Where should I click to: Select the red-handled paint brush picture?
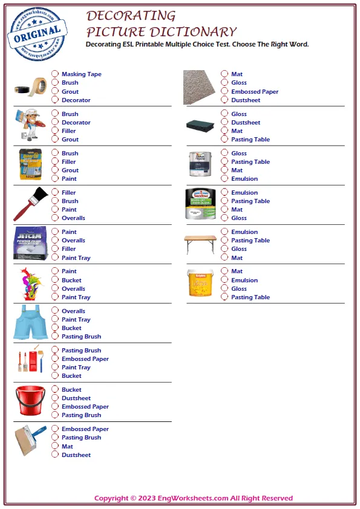pos(30,204)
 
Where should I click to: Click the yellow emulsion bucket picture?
pos(200,283)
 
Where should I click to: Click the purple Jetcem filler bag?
pos(31,243)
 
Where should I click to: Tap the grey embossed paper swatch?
pos(200,87)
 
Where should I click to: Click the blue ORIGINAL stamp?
pos(38,34)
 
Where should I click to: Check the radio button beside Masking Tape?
pos(55,74)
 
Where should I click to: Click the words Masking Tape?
pos(81,74)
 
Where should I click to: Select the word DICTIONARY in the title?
pos(187,32)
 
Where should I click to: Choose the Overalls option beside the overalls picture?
pos(73,311)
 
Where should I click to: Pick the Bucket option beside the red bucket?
pos(71,390)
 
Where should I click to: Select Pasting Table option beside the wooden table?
pos(250,241)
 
